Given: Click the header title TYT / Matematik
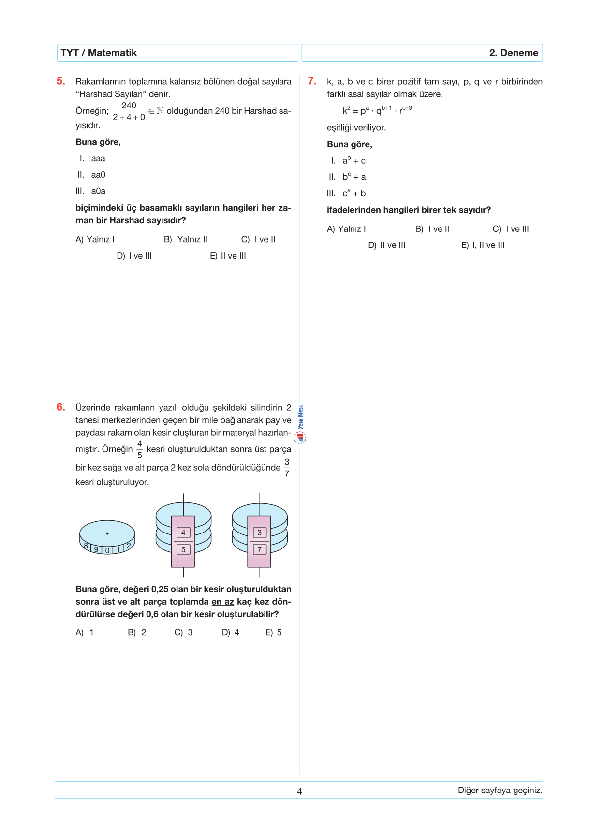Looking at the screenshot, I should pyautogui.click(x=99, y=53).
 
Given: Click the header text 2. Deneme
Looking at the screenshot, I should pyautogui.click(x=514, y=53).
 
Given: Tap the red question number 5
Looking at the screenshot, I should pyautogui.click(x=60, y=81).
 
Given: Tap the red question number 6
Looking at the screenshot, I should pyautogui.click(x=60, y=407).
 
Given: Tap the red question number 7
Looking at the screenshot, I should pyautogui.click(x=312, y=81).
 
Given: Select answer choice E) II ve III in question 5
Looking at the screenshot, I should pyautogui.click(x=228, y=256).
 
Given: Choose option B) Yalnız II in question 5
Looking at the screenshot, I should pyautogui.click(x=186, y=239).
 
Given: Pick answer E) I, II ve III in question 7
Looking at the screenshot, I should pyautogui.click(x=483, y=245).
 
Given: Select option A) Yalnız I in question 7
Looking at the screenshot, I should pyautogui.click(x=346, y=229).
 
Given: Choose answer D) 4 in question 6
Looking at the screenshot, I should pyautogui.click(x=230, y=632).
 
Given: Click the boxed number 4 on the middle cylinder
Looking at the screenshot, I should pyautogui.click(x=183, y=533).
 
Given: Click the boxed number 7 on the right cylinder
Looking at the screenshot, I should pyautogui.click(x=260, y=549).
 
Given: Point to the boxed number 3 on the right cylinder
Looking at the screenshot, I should pyautogui.click(x=260, y=533).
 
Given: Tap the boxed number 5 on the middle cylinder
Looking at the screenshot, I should pyautogui.click(x=183, y=549).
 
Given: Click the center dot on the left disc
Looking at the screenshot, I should pyautogui.click(x=107, y=533).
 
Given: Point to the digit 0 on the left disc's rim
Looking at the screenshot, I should pyautogui.click(x=107, y=550).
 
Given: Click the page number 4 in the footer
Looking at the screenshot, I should pyautogui.click(x=299, y=791).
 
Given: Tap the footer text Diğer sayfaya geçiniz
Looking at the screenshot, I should pyautogui.click(x=500, y=790).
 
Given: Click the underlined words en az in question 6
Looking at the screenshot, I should pyautogui.click(x=222, y=602).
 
